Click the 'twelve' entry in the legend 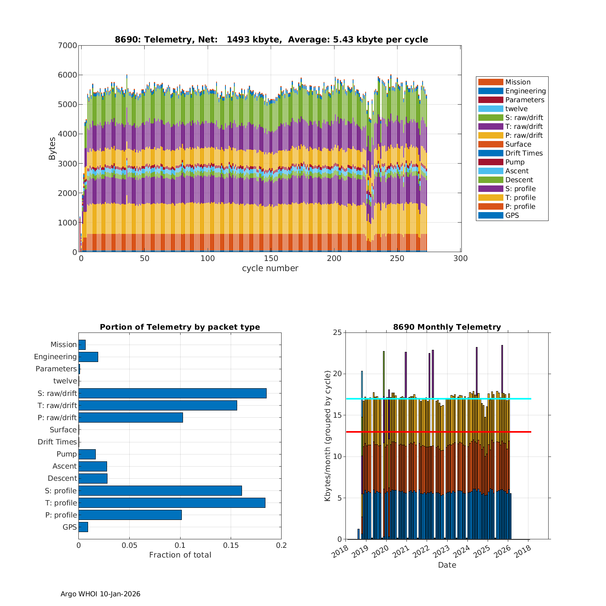516,109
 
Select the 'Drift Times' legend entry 524,153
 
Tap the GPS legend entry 512,215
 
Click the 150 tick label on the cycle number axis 271,259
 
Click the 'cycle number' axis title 270,268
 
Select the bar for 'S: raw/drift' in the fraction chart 173,393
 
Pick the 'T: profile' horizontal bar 172,503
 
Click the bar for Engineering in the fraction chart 88,357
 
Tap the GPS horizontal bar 83,527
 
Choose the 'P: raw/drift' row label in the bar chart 57,417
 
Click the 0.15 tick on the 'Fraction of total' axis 231,545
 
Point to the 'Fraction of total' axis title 180,555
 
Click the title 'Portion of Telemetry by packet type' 180,327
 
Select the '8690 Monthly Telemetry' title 447,327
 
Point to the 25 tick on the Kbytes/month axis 337,332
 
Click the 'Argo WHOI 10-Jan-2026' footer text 100,594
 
